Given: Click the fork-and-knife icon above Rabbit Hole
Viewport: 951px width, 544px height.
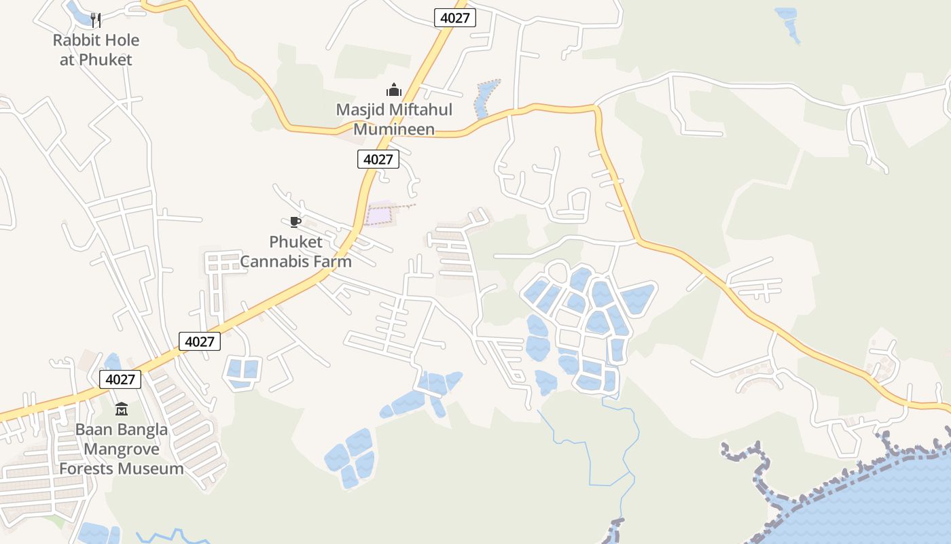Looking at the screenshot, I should coord(96,20).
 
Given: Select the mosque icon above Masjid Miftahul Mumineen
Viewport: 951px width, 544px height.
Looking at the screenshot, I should coord(393,90).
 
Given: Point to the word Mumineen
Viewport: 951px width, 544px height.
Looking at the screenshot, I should coord(394,129).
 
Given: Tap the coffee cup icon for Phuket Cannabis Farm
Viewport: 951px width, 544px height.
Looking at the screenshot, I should coord(295,222).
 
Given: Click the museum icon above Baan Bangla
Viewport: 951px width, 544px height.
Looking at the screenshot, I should coord(122,409).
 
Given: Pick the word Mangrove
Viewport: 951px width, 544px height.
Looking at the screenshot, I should coord(122,449).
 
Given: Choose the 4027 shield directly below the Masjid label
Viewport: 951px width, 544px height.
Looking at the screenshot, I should coord(378,159).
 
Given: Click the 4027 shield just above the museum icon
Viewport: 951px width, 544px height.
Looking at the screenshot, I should coord(120,379).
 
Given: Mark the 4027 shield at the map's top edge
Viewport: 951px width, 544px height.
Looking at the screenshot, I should coord(454,18).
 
